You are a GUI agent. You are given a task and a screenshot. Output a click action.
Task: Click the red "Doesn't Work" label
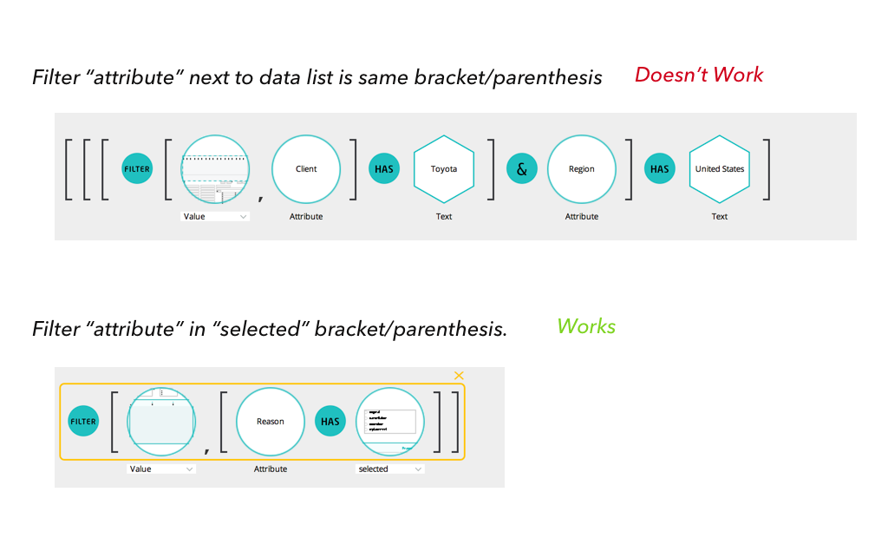699,75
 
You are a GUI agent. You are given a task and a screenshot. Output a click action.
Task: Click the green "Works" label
586,327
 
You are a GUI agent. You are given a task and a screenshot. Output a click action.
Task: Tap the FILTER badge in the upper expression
137,169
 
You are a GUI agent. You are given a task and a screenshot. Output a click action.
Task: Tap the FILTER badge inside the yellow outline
83,422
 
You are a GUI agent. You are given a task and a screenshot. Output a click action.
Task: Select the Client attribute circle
306,169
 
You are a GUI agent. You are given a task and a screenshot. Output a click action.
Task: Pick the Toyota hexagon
444,169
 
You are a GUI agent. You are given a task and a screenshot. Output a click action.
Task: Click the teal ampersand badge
521,169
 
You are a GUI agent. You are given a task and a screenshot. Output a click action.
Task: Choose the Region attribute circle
582,169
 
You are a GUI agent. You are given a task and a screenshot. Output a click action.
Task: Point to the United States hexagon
720,169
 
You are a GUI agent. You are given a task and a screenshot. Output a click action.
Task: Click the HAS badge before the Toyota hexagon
384,169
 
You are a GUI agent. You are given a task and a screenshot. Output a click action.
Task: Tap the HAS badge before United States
660,169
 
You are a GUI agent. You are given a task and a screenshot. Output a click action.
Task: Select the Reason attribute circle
271,422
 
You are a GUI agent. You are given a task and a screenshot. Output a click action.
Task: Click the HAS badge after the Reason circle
330,422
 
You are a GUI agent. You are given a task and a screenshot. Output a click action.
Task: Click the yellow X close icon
459,376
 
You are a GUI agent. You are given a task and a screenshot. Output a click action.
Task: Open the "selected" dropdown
390,469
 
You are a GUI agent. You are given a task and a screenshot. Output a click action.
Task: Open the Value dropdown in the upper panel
215,216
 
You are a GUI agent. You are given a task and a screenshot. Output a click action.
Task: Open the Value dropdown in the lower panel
161,469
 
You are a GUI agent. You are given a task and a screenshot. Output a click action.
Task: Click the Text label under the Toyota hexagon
444,216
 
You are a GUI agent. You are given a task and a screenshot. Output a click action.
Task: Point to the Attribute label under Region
582,216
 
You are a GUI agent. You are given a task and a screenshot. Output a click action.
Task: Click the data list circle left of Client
215,169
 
